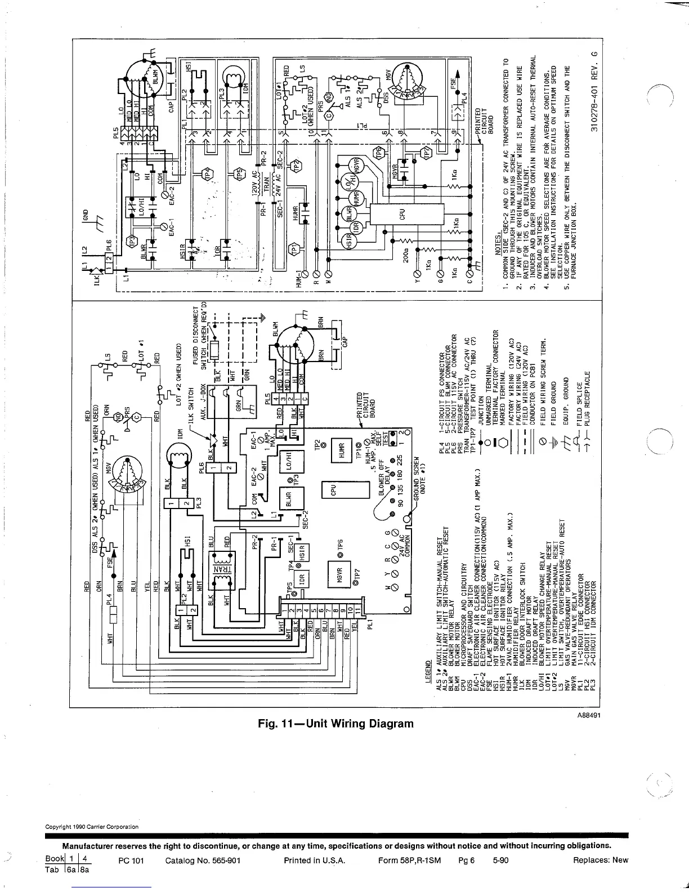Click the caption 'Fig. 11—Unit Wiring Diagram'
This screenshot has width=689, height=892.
coord(335,724)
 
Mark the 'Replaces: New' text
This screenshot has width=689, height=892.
coord(600,860)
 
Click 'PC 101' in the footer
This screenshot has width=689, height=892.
coord(132,860)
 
